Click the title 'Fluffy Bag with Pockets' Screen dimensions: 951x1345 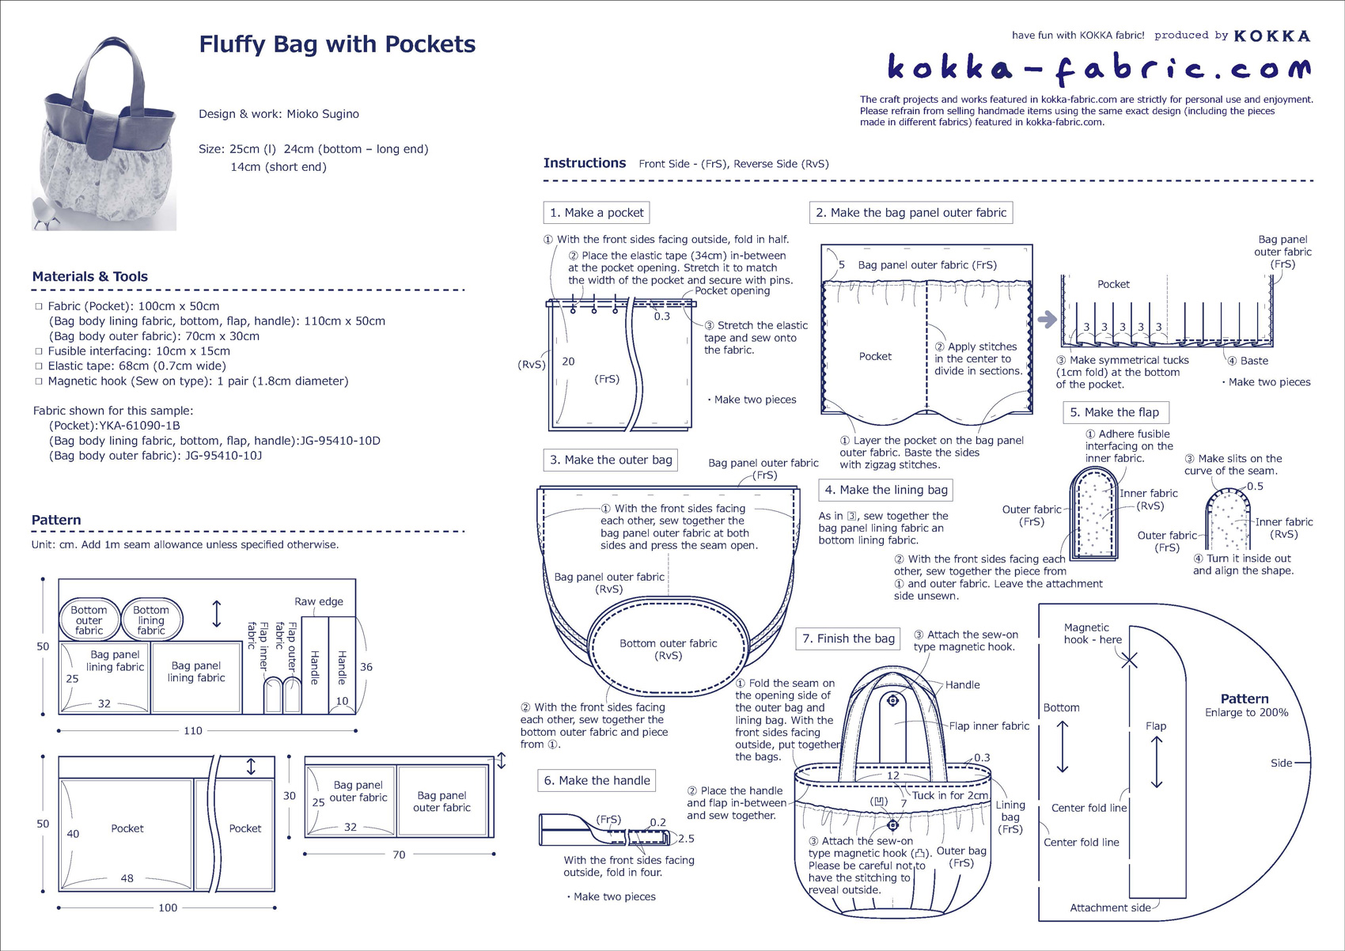[x=337, y=44]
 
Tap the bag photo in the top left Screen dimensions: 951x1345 [x=104, y=133]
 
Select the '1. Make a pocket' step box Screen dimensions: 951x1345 [x=597, y=213]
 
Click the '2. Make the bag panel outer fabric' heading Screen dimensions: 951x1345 [x=911, y=213]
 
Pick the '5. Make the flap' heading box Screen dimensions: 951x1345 [x=1116, y=412]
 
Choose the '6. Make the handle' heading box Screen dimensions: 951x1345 [x=597, y=780]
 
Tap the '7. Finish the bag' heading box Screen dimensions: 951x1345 [x=848, y=638]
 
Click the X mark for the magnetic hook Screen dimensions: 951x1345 [x=1129, y=660]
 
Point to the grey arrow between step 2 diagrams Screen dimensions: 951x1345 [x=1047, y=320]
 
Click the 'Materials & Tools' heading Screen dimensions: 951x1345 [x=90, y=277]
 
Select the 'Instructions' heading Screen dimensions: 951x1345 [x=585, y=164]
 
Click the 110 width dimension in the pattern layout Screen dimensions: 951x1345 [x=193, y=731]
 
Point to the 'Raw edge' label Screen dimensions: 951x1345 [x=319, y=601]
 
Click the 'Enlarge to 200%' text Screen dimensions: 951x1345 [x=1246, y=713]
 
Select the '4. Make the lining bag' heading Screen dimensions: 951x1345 [x=885, y=491]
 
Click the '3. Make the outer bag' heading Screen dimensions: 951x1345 [x=611, y=460]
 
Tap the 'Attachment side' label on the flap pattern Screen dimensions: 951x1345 [x=1110, y=908]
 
